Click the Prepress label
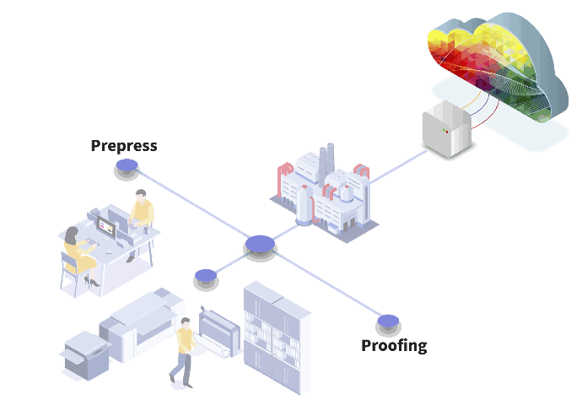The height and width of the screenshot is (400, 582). click(124, 146)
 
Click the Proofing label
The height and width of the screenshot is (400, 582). click(394, 346)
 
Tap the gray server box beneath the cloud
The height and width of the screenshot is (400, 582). click(447, 128)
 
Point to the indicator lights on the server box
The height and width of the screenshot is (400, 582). click(445, 131)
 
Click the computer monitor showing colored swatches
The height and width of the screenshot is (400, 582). click(106, 226)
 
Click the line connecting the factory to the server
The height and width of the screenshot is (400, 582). click(398, 167)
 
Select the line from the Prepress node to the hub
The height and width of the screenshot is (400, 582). click(193, 203)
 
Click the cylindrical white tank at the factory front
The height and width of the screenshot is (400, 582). click(304, 205)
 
